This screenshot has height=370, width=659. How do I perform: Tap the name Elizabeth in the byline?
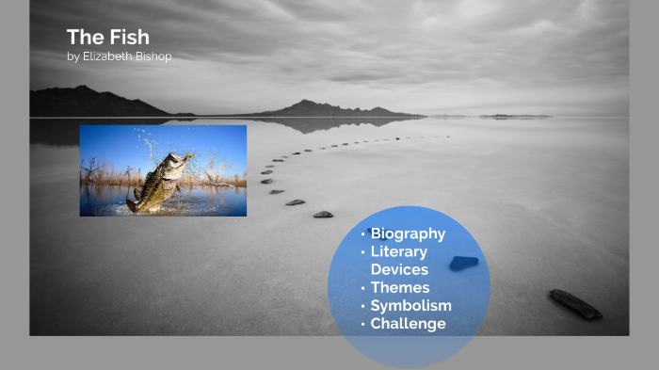pos(112,56)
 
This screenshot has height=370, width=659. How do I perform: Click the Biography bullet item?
pos(408,233)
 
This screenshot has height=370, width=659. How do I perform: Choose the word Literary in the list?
pos(398,251)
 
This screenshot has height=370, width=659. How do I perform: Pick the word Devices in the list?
pos(399,269)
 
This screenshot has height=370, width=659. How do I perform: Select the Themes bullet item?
pos(399,287)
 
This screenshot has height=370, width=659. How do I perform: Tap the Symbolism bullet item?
pos(410,306)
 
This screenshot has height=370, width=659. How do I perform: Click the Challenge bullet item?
pos(408,324)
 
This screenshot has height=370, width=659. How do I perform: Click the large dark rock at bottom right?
pos(574,303)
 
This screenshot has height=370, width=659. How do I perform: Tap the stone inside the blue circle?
pos(463,263)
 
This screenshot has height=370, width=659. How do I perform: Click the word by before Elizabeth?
pos(73,56)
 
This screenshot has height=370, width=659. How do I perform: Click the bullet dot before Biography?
pos(362,233)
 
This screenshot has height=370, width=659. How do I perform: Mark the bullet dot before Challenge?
pos(362,324)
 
